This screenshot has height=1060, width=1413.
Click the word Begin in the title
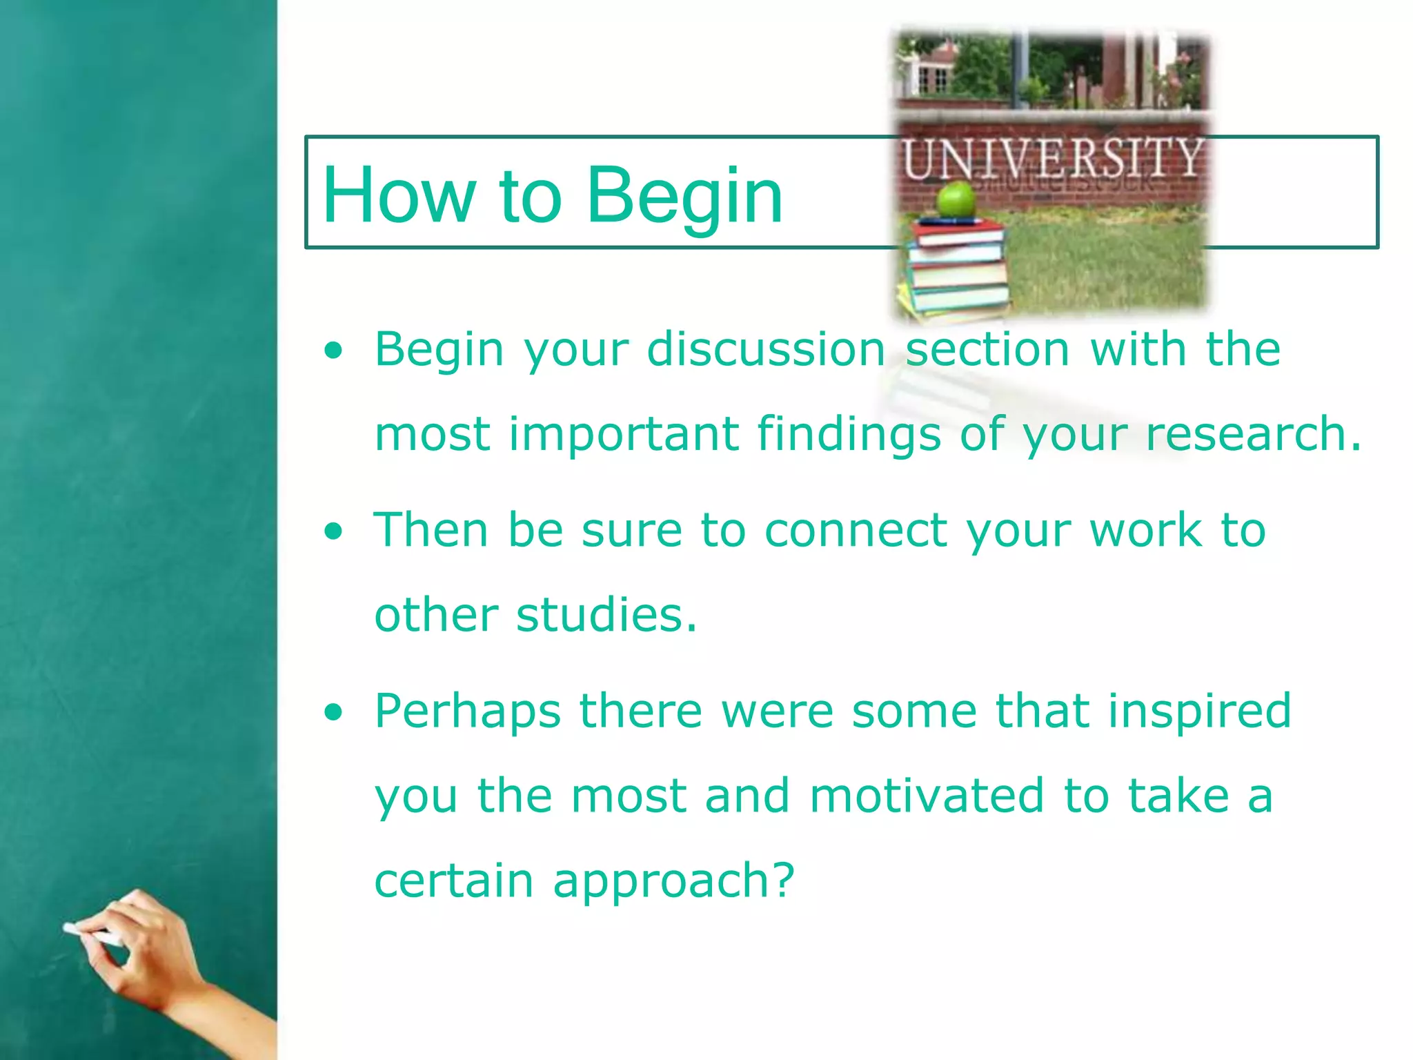tap(684, 196)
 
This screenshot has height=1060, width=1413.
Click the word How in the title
tap(399, 196)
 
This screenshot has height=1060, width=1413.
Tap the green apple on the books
tap(956, 199)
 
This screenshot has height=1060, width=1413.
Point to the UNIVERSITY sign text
tap(1053, 159)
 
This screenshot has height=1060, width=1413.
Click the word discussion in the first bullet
tap(766, 349)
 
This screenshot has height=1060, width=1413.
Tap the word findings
tap(849, 435)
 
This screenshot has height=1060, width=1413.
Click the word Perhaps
tap(468, 712)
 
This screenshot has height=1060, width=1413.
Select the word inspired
tap(1199, 712)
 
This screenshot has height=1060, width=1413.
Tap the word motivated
tap(927, 796)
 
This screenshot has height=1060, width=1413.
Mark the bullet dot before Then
tap(334, 531)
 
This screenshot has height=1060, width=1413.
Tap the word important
tap(624, 435)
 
